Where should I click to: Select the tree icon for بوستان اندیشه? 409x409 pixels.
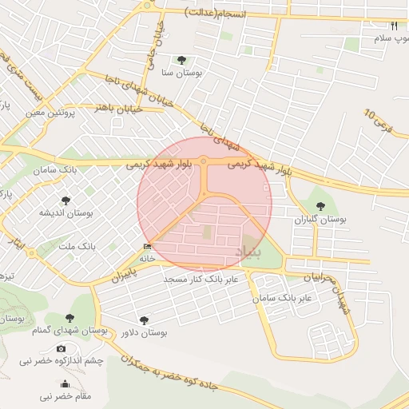65,201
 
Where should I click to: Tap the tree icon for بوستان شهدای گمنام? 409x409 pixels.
80,319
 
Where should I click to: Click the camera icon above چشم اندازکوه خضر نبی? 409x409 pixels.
62,349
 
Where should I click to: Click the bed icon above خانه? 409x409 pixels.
146,246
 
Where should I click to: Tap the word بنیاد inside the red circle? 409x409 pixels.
248,252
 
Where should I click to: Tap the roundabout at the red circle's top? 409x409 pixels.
204,162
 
